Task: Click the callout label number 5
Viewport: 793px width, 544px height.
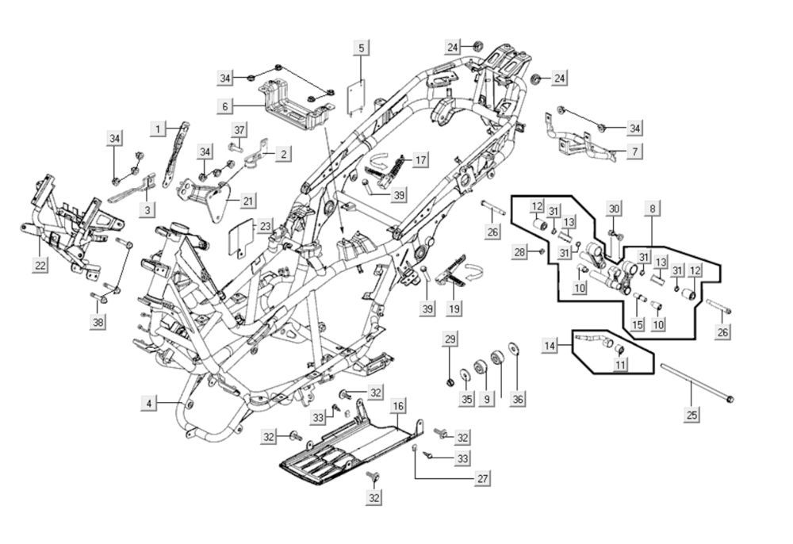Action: (x=362, y=48)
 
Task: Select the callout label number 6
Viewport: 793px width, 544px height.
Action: (x=225, y=105)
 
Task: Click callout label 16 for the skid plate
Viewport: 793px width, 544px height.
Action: (x=398, y=406)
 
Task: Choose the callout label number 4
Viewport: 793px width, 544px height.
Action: (x=148, y=404)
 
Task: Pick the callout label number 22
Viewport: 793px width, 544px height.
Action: (x=40, y=266)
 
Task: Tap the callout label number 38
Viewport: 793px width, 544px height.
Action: (x=98, y=322)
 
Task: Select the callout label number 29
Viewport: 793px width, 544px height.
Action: (x=450, y=340)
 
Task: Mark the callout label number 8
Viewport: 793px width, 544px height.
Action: (x=653, y=209)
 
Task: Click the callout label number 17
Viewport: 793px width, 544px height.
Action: (x=420, y=161)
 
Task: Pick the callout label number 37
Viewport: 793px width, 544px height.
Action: (x=239, y=130)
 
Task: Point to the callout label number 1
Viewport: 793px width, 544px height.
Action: (x=159, y=128)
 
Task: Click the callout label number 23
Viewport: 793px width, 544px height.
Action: (x=265, y=227)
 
